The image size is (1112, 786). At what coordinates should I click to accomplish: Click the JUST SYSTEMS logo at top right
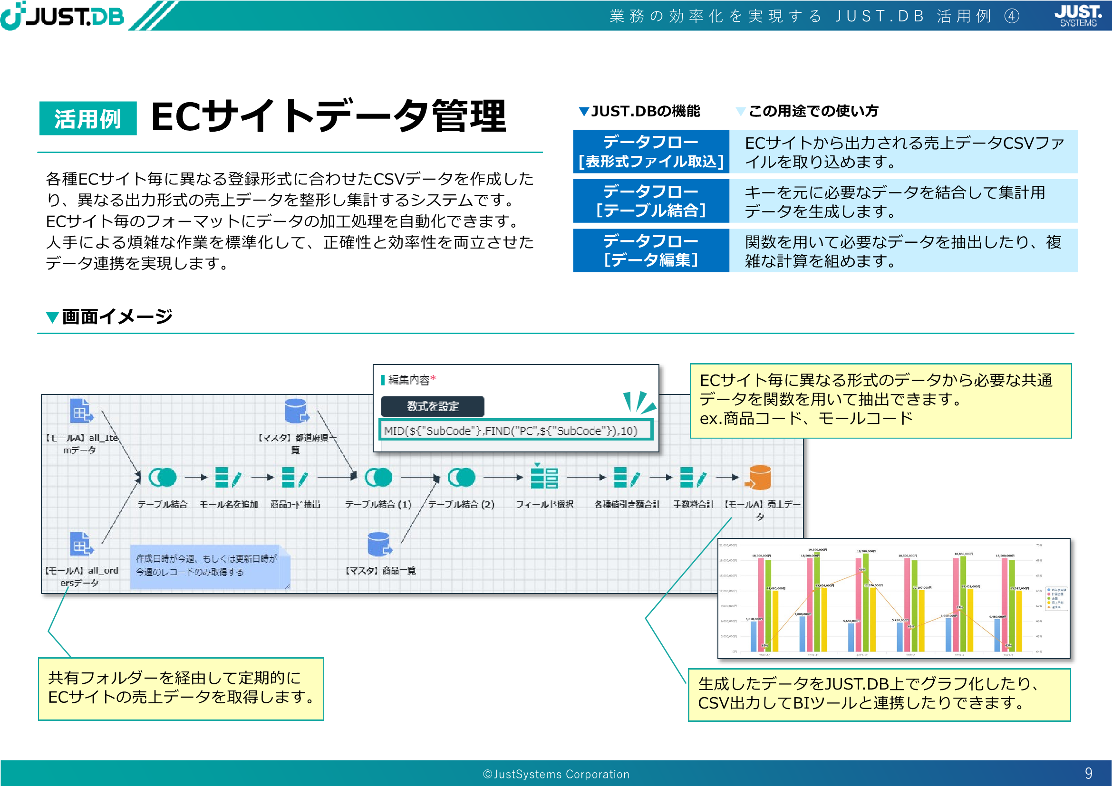[x=1078, y=16]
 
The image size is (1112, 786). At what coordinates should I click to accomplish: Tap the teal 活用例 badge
[x=87, y=119]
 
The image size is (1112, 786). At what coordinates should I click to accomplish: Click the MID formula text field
[x=515, y=430]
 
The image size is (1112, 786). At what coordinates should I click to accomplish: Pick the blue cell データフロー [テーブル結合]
[x=650, y=201]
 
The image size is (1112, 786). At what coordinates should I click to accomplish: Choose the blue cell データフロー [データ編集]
[x=650, y=250]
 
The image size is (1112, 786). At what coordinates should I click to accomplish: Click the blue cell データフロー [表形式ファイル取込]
[x=650, y=152]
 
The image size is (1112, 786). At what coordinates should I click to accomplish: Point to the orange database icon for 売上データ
[x=759, y=478]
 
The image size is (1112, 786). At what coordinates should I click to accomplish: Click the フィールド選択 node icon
[x=544, y=477]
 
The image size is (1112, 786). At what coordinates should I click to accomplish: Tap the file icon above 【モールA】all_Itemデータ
[x=81, y=412]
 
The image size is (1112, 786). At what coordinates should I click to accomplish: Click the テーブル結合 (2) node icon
[x=461, y=478]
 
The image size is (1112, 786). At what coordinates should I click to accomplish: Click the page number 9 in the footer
[x=1088, y=773]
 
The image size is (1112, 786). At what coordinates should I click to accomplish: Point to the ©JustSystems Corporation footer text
[x=556, y=775]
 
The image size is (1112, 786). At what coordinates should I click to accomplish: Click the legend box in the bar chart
[x=1056, y=598]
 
